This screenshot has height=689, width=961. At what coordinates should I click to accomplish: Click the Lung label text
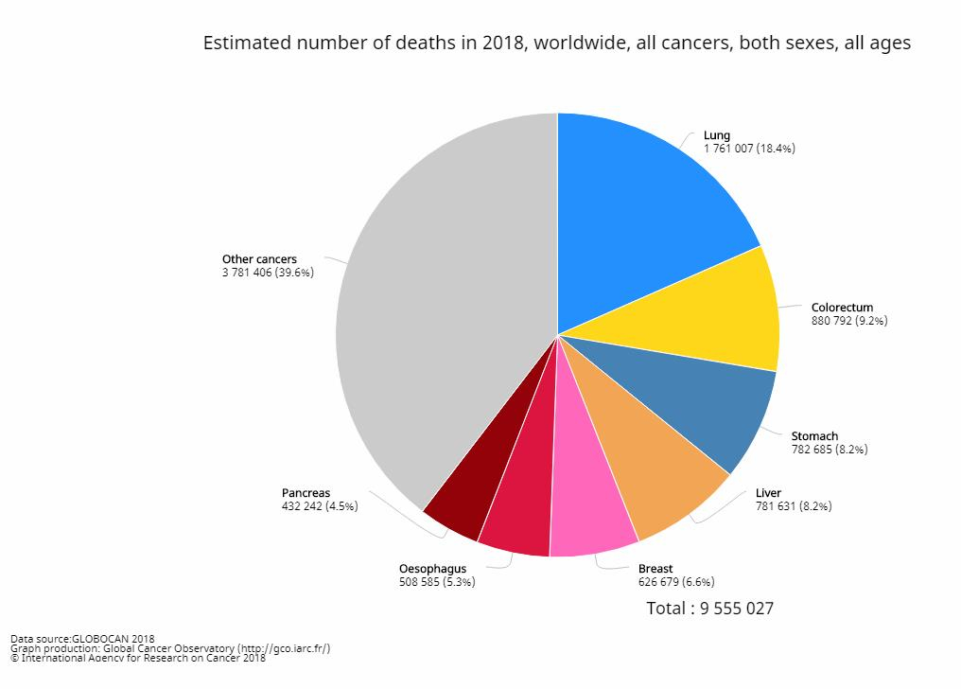(717, 135)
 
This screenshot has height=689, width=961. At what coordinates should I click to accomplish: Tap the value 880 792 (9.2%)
(849, 321)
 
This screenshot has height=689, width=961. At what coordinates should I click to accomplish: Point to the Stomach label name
(814, 436)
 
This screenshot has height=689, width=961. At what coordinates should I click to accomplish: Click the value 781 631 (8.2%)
(794, 506)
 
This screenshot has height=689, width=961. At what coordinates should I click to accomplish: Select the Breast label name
(655, 569)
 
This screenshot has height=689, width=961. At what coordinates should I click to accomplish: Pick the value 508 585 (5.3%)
(437, 582)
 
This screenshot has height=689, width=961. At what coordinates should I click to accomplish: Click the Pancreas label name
(306, 493)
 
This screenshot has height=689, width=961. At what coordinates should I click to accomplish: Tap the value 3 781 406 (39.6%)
(268, 273)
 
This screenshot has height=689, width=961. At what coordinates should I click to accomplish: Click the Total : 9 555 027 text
(709, 609)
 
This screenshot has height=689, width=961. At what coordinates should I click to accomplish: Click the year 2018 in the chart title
(503, 44)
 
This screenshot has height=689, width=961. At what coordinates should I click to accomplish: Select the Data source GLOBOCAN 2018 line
(82, 639)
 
